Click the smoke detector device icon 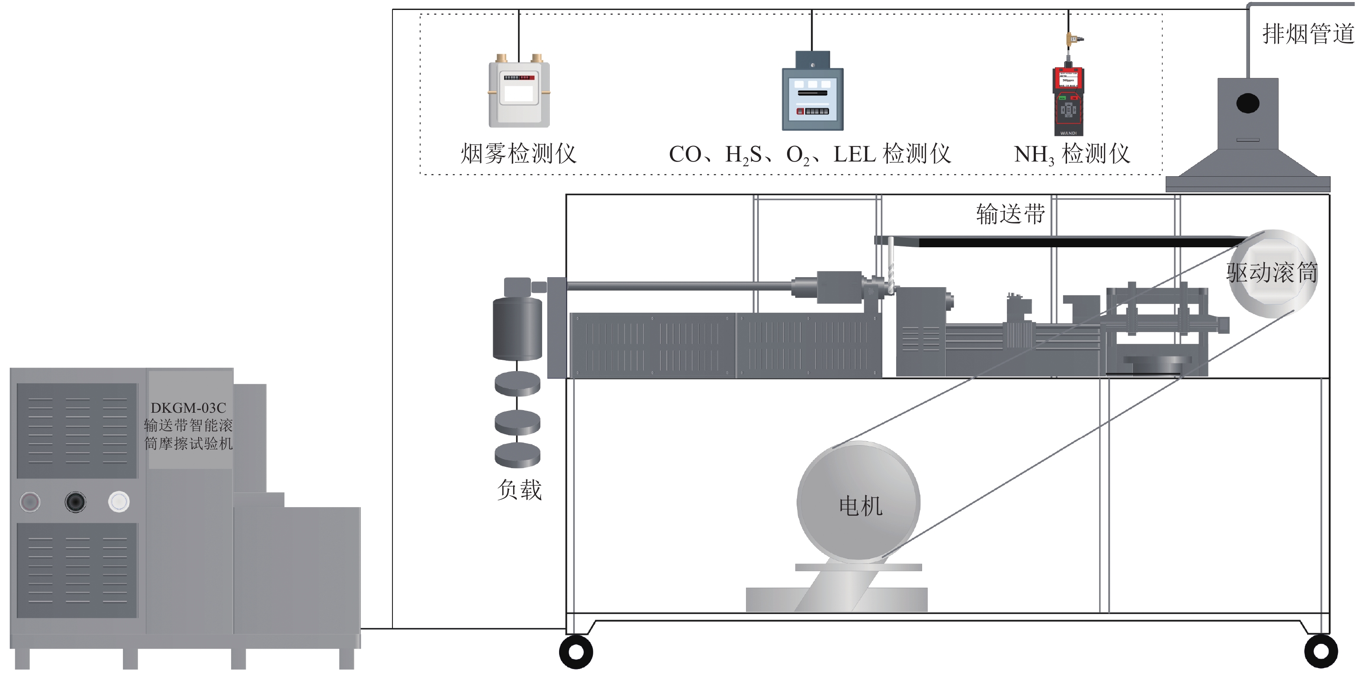point(518,93)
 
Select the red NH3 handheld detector point(1068,100)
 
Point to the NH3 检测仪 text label point(1072,154)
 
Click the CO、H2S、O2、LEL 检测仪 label point(810,154)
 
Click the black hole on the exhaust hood point(1247,103)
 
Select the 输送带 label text point(1010,214)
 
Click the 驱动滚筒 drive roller point(1272,273)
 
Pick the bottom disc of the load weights point(517,456)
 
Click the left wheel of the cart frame point(575,652)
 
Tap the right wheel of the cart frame point(1321,652)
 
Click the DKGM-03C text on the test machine point(188,408)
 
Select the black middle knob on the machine point(75,501)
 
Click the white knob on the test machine point(119,501)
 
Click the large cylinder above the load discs point(517,328)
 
